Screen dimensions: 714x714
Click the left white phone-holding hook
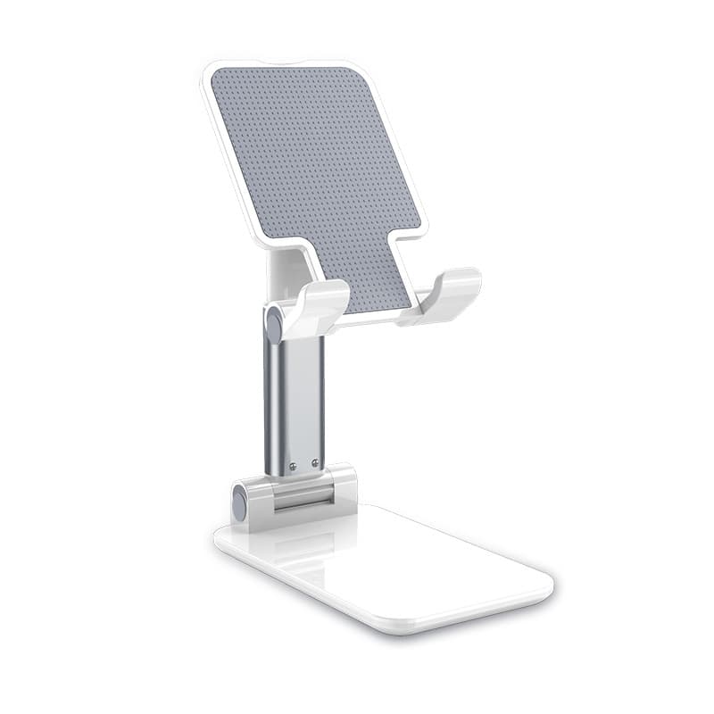coord(317,306)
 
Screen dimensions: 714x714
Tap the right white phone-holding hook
coord(446,293)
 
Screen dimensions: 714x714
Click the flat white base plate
coord(402,562)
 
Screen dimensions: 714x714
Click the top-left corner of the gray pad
coord(217,76)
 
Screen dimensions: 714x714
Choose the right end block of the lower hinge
coord(344,486)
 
